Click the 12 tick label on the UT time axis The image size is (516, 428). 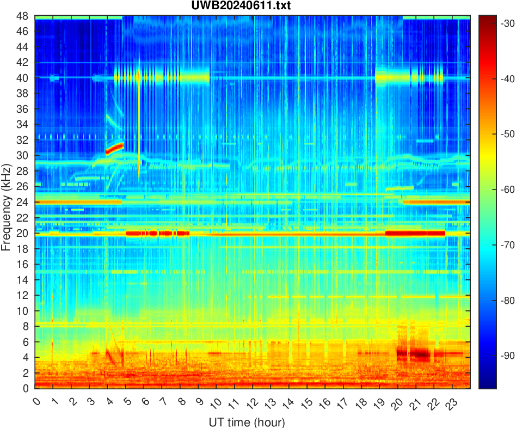click(x=251, y=403)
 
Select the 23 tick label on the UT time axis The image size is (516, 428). click(x=450, y=403)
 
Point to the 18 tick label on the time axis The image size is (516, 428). click(x=359, y=403)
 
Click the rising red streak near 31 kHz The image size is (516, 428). click(x=115, y=148)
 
